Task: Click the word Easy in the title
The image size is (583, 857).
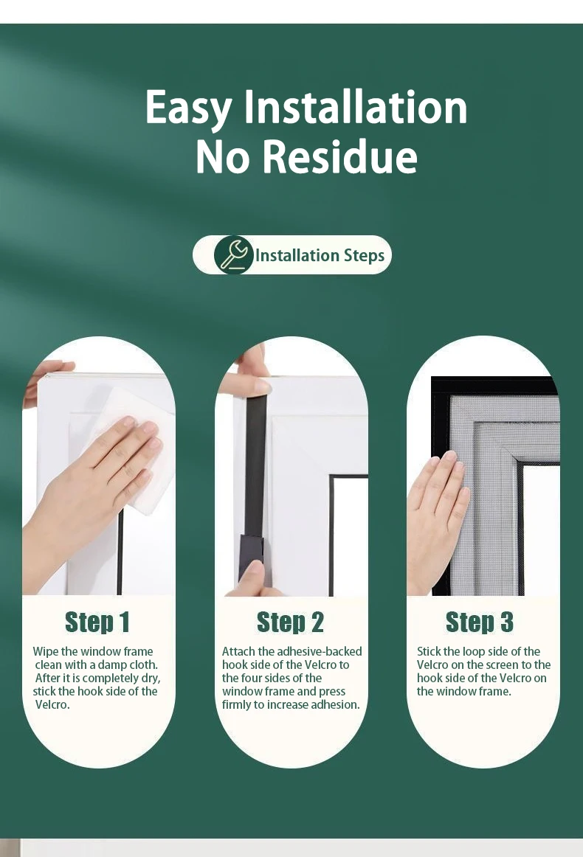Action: pos(189,108)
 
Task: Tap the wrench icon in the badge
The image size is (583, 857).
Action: pos(233,255)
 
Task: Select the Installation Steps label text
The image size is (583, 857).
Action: pos(320,256)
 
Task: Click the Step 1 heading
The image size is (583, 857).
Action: pos(97,622)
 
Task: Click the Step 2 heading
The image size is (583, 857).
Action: pos(290,622)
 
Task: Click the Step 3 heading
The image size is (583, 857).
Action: pos(480,622)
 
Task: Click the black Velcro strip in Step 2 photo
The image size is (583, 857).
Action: pos(255,472)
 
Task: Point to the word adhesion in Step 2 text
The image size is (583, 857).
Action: pos(337,705)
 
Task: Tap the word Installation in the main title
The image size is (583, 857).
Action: pos(356,108)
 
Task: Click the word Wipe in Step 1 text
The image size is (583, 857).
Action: pos(45,652)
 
